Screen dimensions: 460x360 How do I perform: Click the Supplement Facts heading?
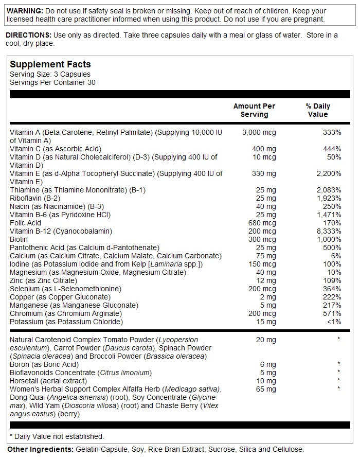point(50,64)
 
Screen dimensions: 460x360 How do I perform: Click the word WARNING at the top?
point(23,11)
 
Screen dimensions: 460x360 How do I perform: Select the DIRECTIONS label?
point(28,35)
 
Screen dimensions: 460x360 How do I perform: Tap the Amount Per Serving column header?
point(254,110)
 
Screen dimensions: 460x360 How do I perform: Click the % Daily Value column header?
point(318,110)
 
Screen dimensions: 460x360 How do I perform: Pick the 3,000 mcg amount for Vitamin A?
point(259,132)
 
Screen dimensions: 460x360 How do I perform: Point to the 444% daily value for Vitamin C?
point(332,149)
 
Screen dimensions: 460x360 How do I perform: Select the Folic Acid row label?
point(25,223)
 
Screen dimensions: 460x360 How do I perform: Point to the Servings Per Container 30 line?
point(52,82)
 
